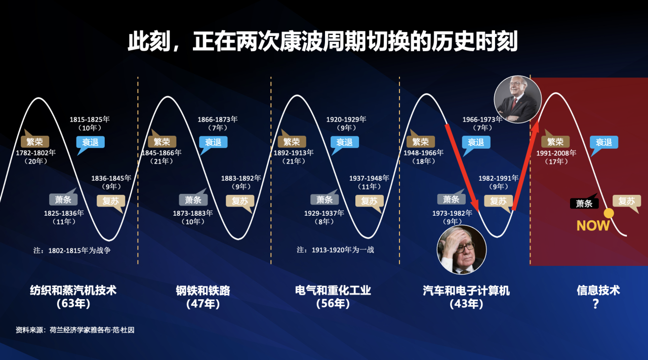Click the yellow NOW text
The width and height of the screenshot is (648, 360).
point(593,226)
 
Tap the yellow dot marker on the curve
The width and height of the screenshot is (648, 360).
point(609,213)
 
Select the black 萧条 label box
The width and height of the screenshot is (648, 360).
point(584,203)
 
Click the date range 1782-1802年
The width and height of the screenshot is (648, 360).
point(35,152)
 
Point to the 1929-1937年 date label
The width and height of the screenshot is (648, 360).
point(324,213)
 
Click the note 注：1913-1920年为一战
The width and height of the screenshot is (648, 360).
point(335,250)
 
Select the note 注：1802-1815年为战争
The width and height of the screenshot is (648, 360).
point(72,250)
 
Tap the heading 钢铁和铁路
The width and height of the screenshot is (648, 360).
point(203,291)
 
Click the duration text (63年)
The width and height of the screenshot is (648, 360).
point(73,304)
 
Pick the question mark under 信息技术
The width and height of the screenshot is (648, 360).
point(595,304)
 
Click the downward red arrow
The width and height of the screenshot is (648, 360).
point(462,168)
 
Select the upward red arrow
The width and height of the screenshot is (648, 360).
point(525,165)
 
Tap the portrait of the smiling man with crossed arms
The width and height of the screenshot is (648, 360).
point(517,100)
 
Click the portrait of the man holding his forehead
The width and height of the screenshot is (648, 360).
point(461,250)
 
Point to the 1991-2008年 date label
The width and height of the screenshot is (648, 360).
point(556,153)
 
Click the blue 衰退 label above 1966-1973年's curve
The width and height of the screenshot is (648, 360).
point(476,142)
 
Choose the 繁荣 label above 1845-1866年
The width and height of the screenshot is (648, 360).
point(161,142)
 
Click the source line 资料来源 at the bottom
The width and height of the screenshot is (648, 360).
point(75,330)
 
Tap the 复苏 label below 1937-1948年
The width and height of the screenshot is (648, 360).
point(370,201)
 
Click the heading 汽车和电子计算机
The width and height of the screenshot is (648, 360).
point(466,291)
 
